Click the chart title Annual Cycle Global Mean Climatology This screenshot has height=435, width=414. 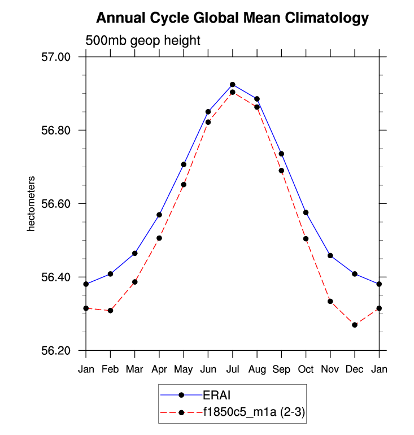point(232,18)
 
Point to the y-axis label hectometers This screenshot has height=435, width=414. point(32,203)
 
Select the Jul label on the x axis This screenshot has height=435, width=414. point(232,369)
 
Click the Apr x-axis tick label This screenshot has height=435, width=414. point(159,369)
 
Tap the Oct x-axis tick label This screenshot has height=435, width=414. point(306,369)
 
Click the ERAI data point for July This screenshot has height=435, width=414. point(232,85)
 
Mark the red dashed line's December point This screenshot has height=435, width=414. point(355,325)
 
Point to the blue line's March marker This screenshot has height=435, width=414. point(134,253)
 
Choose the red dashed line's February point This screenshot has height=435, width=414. point(110,311)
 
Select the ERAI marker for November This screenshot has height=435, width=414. point(330,256)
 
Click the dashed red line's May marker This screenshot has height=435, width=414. point(184,185)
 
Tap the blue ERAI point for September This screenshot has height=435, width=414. point(281,154)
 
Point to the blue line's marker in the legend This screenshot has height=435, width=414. point(182,394)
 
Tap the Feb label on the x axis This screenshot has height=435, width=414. point(110,369)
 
